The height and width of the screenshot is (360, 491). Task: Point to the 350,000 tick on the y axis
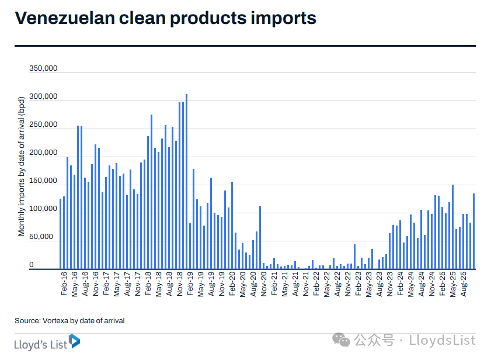coord(43,68)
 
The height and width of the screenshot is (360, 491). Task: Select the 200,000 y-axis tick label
coord(43,153)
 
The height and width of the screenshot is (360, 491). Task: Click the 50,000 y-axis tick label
coord(45,237)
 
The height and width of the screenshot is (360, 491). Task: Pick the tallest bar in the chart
coord(186,181)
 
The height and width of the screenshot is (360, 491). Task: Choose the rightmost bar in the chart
coord(473,231)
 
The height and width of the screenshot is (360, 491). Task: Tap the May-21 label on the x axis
coord(284,285)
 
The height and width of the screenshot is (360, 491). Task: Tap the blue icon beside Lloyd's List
coord(74,341)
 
